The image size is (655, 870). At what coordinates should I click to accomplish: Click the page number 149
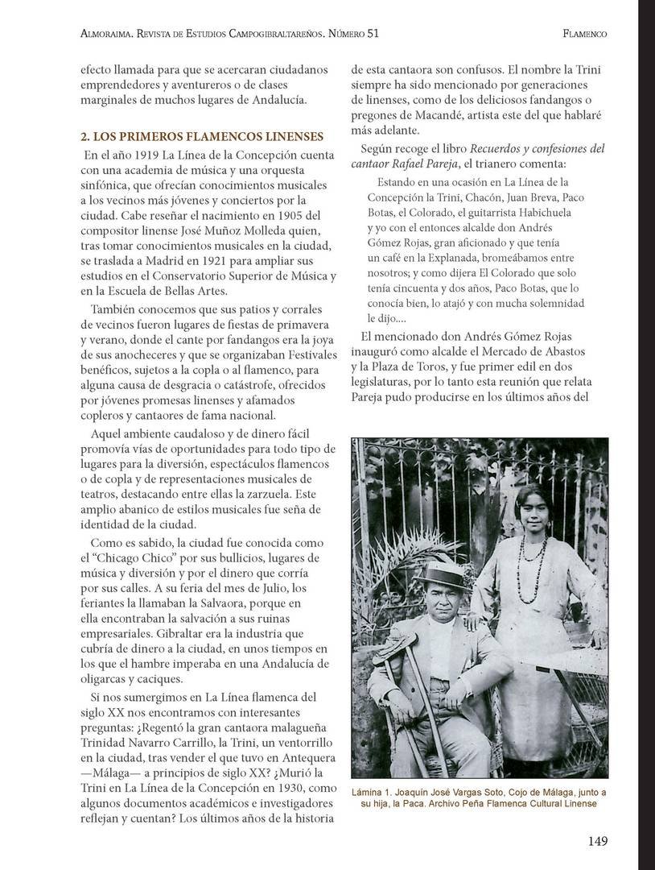[x=597, y=842]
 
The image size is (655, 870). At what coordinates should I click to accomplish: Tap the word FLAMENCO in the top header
[x=585, y=34]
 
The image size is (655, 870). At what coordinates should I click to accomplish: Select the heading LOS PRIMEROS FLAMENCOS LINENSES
[x=201, y=136]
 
